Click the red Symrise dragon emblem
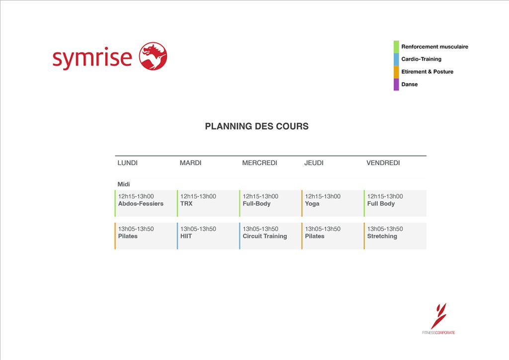pyautogui.click(x=153, y=56)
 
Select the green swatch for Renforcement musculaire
pyautogui.click(x=396, y=47)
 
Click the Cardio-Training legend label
pyautogui.click(x=421, y=59)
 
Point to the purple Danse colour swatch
pyautogui.click(x=396, y=85)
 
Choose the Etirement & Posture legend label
pyautogui.click(x=427, y=72)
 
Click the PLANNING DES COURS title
pyautogui.click(x=257, y=126)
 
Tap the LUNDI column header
pyautogui.click(x=128, y=163)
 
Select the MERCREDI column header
pyautogui.click(x=259, y=163)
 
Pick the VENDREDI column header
pyautogui.click(x=383, y=163)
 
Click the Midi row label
pyautogui.click(x=124, y=184)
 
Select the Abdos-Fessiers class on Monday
pyautogui.click(x=141, y=203)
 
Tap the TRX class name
pyautogui.click(x=186, y=203)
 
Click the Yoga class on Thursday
pyautogui.click(x=312, y=204)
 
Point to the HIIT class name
pyautogui.click(x=186, y=236)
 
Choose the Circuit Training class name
pyautogui.click(x=265, y=236)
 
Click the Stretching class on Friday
pyautogui.click(x=382, y=236)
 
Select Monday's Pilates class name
pyautogui.click(x=128, y=236)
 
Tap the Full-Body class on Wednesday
pyautogui.click(x=256, y=204)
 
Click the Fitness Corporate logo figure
pyautogui.click(x=439, y=316)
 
